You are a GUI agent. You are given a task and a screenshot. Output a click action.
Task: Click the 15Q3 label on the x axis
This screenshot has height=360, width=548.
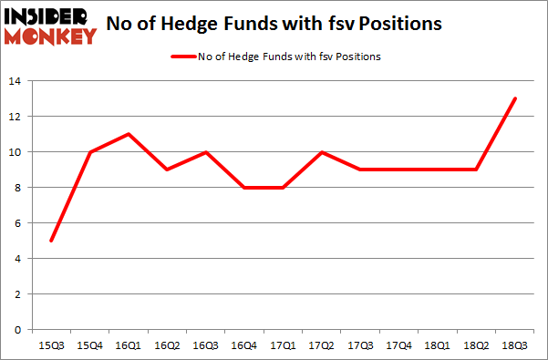[x=52, y=345]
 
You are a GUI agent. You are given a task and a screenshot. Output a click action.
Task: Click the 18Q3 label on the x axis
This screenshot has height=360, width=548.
[x=515, y=345]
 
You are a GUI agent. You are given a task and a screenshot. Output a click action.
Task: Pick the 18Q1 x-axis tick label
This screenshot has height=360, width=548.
[x=436, y=345]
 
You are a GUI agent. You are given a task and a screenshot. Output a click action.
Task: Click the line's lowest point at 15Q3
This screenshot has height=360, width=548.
[x=52, y=241]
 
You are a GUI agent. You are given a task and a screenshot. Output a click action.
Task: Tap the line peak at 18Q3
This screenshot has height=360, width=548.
[x=515, y=98]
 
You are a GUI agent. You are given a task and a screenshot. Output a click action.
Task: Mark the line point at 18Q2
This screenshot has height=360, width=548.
[x=476, y=170]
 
